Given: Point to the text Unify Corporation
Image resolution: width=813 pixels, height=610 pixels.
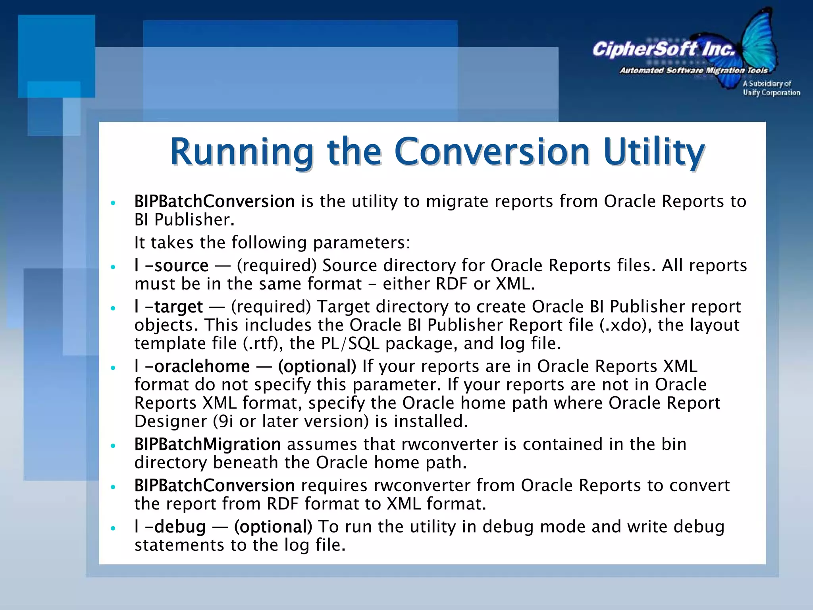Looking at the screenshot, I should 771,93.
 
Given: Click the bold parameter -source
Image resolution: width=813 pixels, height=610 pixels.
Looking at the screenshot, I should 177,265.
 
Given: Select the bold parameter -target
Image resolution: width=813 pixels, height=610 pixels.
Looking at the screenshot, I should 174,307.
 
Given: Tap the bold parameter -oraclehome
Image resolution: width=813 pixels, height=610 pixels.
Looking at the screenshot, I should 197,366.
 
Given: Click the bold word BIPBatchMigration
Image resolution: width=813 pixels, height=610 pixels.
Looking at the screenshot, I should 207,444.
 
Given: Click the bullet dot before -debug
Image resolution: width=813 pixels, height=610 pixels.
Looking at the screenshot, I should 113,528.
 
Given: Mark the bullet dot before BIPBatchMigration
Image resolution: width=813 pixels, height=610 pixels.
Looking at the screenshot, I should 113,446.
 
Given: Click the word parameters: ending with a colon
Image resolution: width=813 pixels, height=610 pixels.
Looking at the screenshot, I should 361,243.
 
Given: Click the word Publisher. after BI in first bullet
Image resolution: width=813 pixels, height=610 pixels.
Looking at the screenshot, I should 194,220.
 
